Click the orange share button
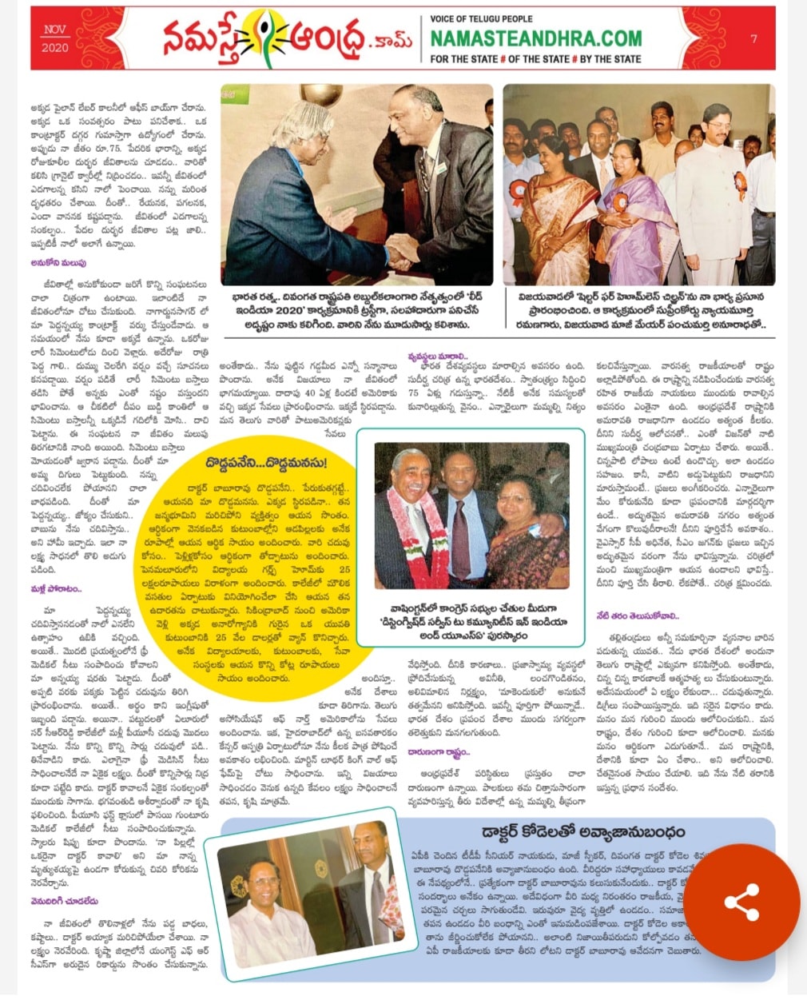pos(741,902)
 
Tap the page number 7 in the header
pos(753,38)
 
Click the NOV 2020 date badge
pos(55,38)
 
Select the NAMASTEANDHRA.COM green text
pos(535,38)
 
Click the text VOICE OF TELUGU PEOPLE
pos(481,18)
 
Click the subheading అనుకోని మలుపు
pos(59,262)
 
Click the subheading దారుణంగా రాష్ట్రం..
pos(438,751)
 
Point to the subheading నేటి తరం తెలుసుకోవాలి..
pos(636,616)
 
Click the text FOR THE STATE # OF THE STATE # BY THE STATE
pos(535,59)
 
